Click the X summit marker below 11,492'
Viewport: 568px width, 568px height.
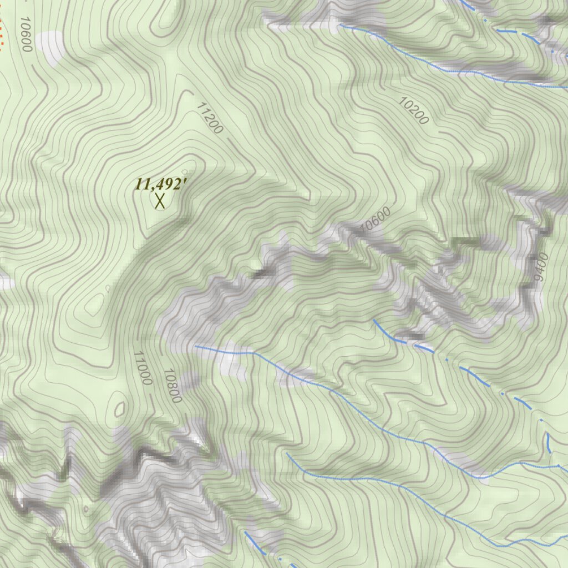[160, 201]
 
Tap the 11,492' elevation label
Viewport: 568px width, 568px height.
[159, 184]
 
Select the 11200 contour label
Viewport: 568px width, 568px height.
[210, 118]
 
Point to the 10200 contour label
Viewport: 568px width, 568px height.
[414, 110]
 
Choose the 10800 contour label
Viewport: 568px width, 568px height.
[173, 386]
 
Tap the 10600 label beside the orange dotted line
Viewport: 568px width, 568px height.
[25, 34]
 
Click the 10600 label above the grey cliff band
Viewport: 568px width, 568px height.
[376, 219]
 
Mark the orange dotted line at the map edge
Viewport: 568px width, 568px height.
[2, 33]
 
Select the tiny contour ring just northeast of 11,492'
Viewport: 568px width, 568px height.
[185, 172]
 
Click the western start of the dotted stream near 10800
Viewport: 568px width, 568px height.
[195, 346]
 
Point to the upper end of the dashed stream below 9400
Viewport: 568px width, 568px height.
[375, 320]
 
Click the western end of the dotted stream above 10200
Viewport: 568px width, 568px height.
[339, 25]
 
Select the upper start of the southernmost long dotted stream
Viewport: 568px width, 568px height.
[287, 454]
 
